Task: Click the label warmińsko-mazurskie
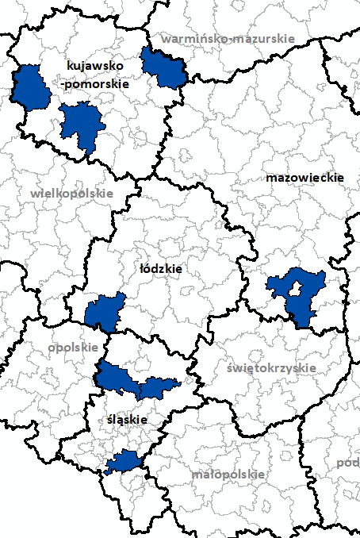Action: coord(228,38)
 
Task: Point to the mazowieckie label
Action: coord(304,178)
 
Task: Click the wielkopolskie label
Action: coord(72,193)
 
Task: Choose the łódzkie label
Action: coord(161,269)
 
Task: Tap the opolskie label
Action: coord(73,347)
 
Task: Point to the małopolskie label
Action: coord(228,474)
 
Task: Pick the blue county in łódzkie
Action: coord(105,312)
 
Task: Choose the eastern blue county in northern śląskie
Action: coord(159,387)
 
